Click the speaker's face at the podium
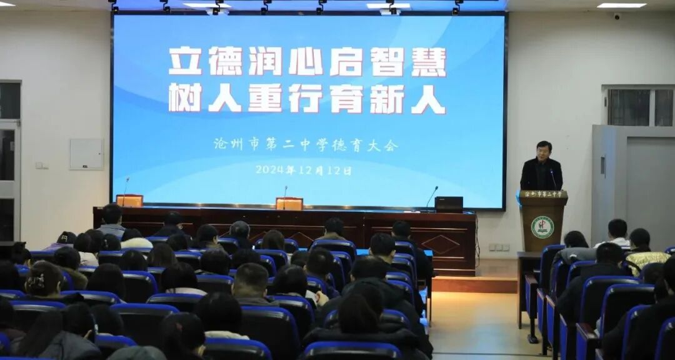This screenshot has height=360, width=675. (543, 151)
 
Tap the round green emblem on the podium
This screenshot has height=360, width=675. (542, 227)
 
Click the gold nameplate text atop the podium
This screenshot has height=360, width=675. (542, 194)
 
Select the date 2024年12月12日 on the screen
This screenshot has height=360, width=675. (303, 170)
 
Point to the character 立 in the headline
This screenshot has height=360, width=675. (184, 62)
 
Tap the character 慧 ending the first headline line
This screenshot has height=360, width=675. (428, 62)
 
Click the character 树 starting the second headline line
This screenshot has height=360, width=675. (184, 98)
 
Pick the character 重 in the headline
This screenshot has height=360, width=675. (264, 98)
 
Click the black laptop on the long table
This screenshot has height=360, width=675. (448, 204)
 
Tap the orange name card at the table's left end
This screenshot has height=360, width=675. (129, 201)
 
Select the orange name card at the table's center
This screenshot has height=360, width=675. (289, 204)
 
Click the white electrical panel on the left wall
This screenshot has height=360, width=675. (86, 154)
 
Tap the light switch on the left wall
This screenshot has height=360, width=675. (41, 166)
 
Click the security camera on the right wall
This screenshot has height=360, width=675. (616, 16)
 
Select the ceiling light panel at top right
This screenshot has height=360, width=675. (621, 6)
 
